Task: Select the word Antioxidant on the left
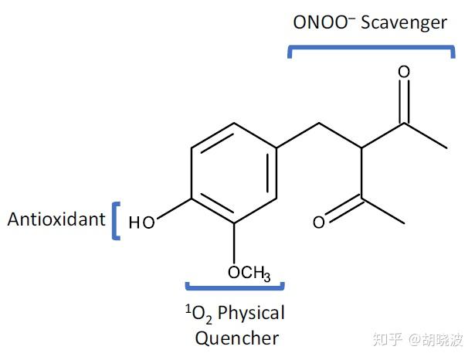(x=56, y=219)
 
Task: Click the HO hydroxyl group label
(x=141, y=223)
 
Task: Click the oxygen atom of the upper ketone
(x=403, y=73)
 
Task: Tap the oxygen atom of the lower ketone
(x=319, y=223)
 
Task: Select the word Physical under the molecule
(x=251, y=313)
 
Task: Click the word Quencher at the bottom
(x=237, y=338)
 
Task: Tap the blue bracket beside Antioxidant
(x=116, y=220)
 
